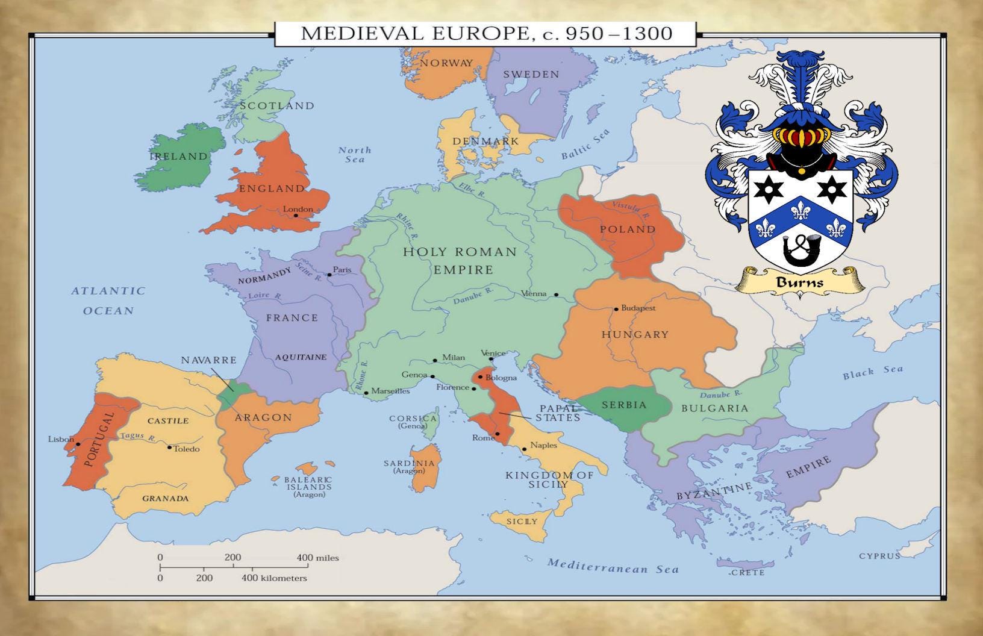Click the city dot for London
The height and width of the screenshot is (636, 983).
pyautogui.click(x=296, y=214)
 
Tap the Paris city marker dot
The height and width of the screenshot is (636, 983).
pyautogui.click(x=329, y=275)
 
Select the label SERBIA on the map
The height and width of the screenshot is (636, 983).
pyautogui.click(x=624, y=405)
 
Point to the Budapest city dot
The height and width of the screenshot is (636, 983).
pyautogui.click(x=616, y=309)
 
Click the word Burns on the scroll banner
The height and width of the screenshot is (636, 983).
pyautogui.click(x=799, y=282)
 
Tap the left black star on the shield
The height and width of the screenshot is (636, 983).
pyautogui.click(x=770, y=190)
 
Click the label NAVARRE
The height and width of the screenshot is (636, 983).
pyautogui.click(x=208, y=360)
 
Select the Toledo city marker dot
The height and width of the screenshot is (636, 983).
pyautogui.click(x=169, y=447)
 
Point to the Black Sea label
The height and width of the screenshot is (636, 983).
pyautogui.click(x=873, y=373)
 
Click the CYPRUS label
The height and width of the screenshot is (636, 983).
pyautogui.click(x=879, y=556)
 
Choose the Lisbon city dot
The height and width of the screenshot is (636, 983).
pyautogui.click(x=78, y=444)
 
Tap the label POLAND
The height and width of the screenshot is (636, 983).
pyautogui.click(x=627, y=229)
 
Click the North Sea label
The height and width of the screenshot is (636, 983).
pyautogui.click(x=355, y=154)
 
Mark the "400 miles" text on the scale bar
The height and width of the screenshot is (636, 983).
pyautogui.click(x=317, y=558)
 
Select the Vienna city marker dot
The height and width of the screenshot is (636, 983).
pyautogui.click(x=556, y=295)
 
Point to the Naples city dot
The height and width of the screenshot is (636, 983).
pyautogui.click(x=524, y=449)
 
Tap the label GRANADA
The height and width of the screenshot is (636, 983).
pyautogui.click(x=165, y=498)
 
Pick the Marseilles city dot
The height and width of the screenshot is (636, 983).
pyautogui.click(x=366, y=393)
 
